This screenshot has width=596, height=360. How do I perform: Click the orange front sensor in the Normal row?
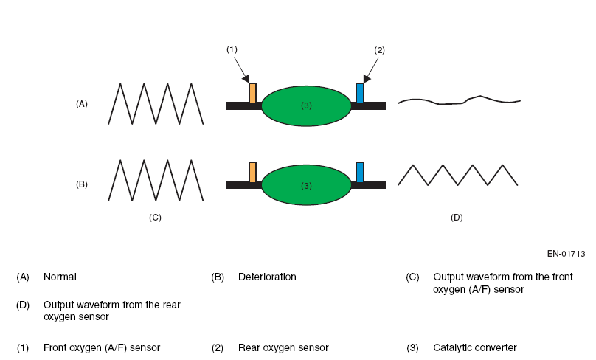tap(252, 93)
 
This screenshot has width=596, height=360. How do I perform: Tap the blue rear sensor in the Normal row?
tap(359, 93)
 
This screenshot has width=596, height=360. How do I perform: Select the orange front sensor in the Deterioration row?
tap(252, 172)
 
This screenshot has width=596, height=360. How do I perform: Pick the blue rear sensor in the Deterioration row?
tap(359, 172)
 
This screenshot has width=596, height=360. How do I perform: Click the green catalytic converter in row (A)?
tap(306, 105)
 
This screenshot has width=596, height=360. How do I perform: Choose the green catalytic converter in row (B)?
tap(306, 185)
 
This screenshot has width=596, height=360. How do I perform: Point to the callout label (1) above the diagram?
tap(232, 49)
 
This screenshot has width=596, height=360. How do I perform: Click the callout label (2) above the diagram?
tap(379, 50)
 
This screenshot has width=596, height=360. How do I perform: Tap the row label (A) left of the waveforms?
tap(82, 104)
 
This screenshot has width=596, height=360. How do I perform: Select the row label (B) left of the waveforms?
tap(82, 184)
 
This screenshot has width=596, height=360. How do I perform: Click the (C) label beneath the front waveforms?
tap(155, 218)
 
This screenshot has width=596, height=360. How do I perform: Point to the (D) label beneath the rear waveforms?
tap(457, 218)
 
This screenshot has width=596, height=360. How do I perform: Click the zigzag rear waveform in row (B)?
tap(457, 176)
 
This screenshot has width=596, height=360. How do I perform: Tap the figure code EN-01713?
tap(566, 254)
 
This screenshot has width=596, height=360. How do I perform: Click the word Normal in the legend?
tap(60, 277)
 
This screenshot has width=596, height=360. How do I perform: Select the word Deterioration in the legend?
tap(267, 277)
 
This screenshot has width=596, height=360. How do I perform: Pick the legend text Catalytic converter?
tap(475, 348)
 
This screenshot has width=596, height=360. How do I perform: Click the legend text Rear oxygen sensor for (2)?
tap(283, 348)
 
